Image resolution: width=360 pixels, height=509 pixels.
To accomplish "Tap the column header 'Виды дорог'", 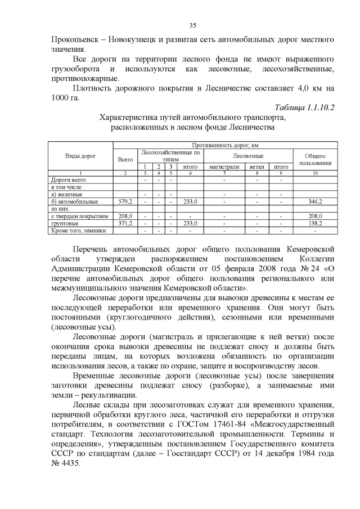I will pos(80,155).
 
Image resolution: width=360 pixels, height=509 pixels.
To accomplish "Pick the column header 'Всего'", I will pos(125,159).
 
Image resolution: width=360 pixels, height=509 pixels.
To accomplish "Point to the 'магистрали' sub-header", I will pos(225,166).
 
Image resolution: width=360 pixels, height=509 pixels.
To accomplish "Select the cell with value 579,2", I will pos(125,201).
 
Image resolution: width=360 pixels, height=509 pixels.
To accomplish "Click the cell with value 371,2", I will pos(125,223).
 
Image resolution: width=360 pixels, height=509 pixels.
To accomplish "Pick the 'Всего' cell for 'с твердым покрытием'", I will pos(125,216).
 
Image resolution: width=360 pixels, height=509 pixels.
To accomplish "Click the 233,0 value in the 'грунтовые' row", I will pos(190,223).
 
